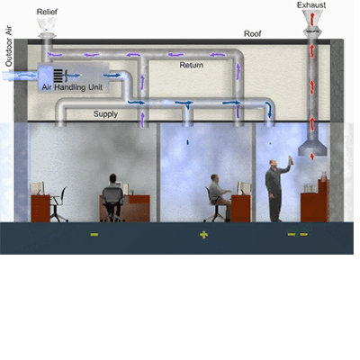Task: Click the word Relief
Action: coord(47,12)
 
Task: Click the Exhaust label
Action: coord(311,5)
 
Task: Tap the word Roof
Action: coord(253,33)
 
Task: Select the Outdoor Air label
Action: coord(9,46)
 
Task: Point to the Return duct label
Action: coord(192,65)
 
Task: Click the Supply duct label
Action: coord(105,114)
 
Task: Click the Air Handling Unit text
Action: coord(72,87)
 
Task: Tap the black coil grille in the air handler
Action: coord(58,76)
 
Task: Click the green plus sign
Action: coord(203,235)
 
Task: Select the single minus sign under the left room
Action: coord(94,234)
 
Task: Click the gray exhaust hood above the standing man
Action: coord(312,148)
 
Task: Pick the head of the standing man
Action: coord(273,165)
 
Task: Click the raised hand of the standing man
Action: coord(291,161)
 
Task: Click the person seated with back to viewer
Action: coord(112,196)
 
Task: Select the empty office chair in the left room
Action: coord(58,204)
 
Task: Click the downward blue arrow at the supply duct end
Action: coord(269,110)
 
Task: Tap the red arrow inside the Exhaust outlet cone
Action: coord(312,19)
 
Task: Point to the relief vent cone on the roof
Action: coord(47,24)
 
